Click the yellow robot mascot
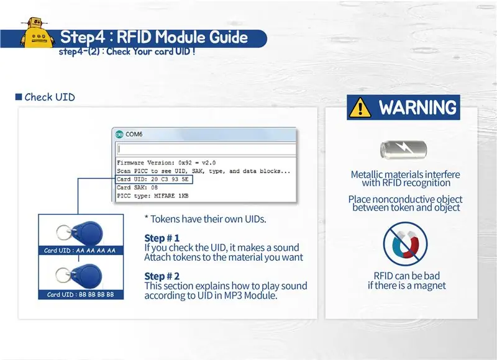(37, 33)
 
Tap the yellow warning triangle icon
(360, 107)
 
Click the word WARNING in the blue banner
(417, 107)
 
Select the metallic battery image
(403, 149)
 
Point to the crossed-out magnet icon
(405, 244)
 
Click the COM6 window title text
(134, 134)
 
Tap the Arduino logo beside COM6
(119, 134)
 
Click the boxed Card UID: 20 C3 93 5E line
(154, 179)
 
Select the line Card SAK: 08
(137, 187)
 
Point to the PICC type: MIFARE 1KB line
(153, 196)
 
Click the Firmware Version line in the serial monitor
(166, 163)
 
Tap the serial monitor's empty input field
(206, 149)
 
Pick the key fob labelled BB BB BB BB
(80, 276)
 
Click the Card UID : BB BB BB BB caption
(81, 294)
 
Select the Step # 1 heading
(162, 238)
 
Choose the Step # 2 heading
(162, 276)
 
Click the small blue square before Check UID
(19, 97)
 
